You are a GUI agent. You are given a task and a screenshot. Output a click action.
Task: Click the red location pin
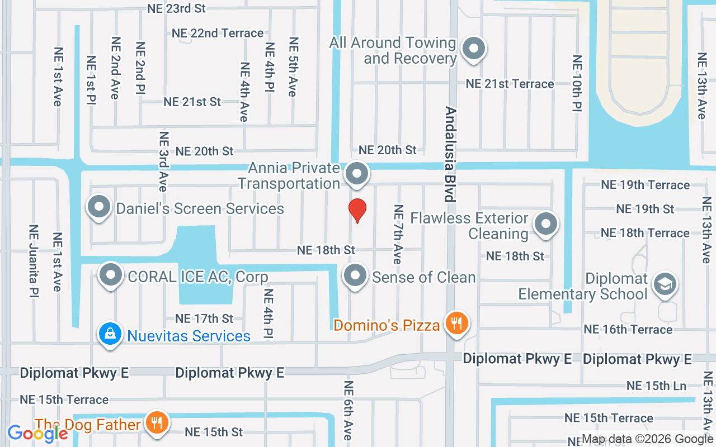(357, 210)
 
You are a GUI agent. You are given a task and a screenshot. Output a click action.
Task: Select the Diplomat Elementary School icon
(665, 283)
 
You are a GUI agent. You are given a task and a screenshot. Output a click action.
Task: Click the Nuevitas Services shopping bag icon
(110, 334)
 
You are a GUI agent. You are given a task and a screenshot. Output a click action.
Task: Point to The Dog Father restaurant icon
(157, 422)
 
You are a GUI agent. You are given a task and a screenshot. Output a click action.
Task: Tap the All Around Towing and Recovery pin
(474, 49)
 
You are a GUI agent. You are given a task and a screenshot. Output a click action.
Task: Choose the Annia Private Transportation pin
(356, 174)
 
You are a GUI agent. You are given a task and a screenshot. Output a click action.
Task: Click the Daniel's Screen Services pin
(99, 207)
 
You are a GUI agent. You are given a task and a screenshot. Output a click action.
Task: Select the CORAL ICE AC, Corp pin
(111, 275)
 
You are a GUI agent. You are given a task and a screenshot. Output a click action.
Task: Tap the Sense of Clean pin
(355, 275)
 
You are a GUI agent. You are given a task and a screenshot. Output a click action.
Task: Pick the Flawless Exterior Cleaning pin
(545, 224)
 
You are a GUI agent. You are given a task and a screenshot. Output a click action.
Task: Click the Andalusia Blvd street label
(450, 154)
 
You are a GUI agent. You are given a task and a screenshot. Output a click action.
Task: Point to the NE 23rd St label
(177, 8)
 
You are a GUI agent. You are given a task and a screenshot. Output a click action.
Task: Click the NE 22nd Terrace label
(218, 33)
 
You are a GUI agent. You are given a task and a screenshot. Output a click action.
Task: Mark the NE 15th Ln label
(656, 386)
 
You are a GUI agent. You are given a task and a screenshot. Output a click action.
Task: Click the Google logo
(37, 433)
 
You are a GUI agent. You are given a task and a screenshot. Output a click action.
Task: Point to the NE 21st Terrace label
(510, 84)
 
